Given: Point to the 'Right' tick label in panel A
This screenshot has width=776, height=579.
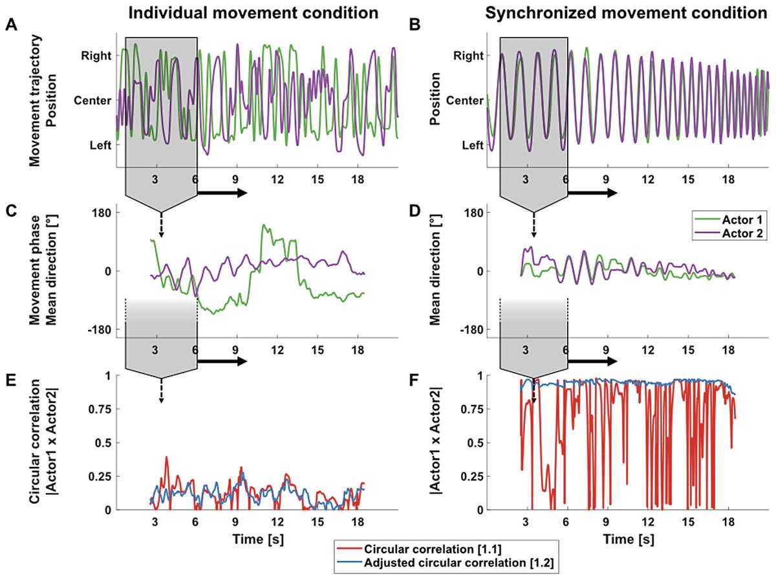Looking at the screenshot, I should point(93,56).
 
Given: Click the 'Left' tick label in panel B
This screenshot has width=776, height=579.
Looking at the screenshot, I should point(473,146).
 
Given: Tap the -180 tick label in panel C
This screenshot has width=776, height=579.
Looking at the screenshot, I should point(87,330).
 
